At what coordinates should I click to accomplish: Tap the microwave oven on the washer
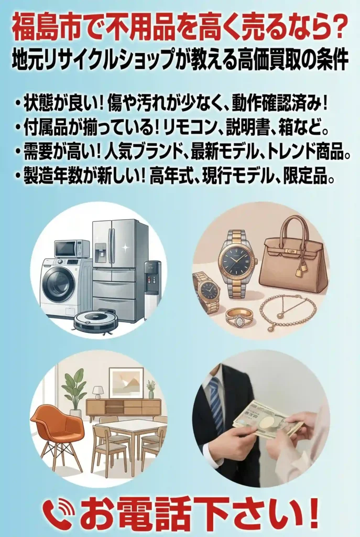click(x=72, y=249)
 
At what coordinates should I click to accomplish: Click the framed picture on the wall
click(x=126, y=382)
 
